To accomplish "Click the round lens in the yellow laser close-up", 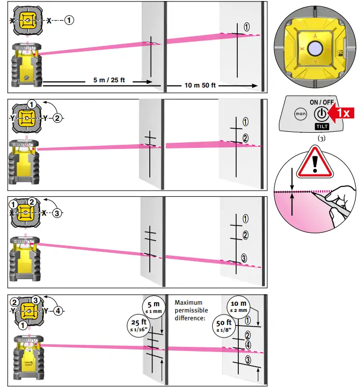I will click(315, 49).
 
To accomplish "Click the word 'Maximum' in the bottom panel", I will click(188, 303).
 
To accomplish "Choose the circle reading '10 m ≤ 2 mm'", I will click(240, 307).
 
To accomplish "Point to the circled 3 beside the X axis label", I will click(58, 212).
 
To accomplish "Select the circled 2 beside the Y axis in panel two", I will click(57, 118).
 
